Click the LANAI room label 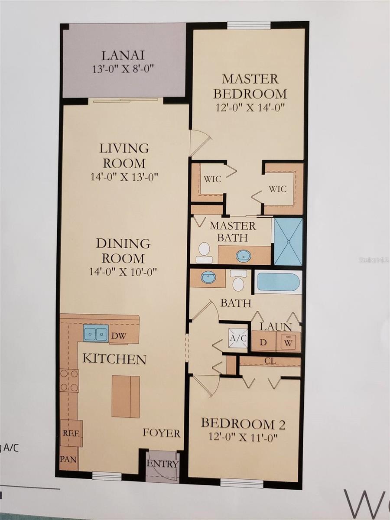pyautogui.click(x=123, y=55)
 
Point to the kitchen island pyautogui.click(x=126, y=396)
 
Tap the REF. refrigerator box pyautogui.click(x=71, y=432)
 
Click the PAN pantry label pyautogui.click(x=68, y=458)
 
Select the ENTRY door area pyautogui.click(x=162, y=464)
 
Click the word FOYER pyautogui.click(x=162, y=433)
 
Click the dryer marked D pyautogui.click(x=263, y=341)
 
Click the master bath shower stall pyautogui.click(x=288, y=241)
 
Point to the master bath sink pyautogui.click(x=243, y=256)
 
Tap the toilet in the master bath pyautogui.click(x=204, y=252)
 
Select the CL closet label pyautogui.click(x=270, y=361)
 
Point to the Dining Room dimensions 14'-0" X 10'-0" pyautogui.click(x=123, y=272)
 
